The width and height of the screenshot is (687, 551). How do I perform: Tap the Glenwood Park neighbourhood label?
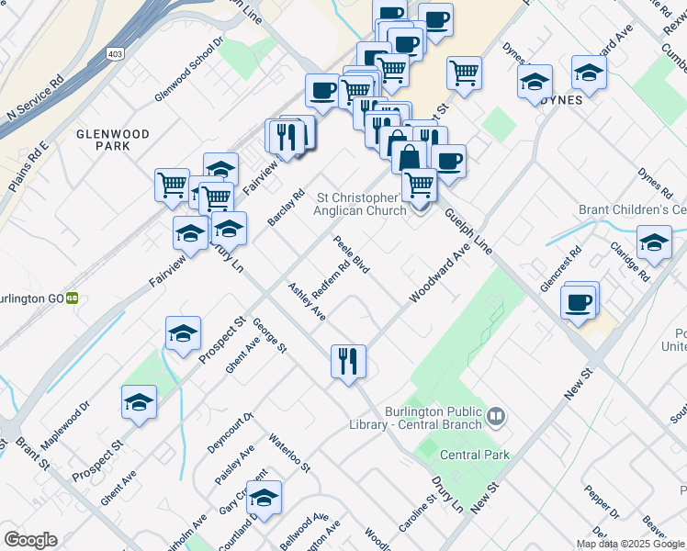[x=113, y=140]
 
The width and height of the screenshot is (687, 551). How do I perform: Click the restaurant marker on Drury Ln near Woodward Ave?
[x=348, y=361]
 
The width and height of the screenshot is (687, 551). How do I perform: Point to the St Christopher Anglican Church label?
[x=360, y=204]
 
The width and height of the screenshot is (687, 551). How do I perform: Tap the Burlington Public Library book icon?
[x=496, y=418]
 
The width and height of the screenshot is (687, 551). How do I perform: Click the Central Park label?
[x=475, y=455]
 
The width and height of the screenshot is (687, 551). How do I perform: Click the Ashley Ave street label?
[x=308, y=301]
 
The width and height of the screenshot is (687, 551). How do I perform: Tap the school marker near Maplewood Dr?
[x=139, y=402]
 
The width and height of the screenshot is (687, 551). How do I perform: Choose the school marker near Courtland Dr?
[x=264, y=498]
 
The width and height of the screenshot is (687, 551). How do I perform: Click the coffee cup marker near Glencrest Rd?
[x=579, y=302]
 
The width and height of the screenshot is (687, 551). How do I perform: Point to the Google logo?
[x=30, y=540]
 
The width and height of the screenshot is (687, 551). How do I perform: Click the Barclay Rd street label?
[x=286, y=208]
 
